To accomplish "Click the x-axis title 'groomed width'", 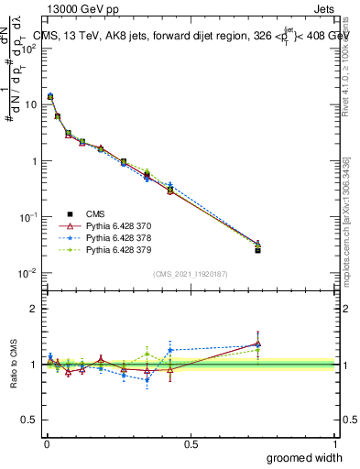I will pos(304,457).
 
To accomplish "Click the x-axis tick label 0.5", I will pos(191,443).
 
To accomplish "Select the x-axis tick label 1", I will pos(334,443).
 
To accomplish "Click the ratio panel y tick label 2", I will pos(33,309).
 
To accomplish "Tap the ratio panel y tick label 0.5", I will pos(29,420).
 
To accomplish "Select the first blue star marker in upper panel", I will pos(50,94).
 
